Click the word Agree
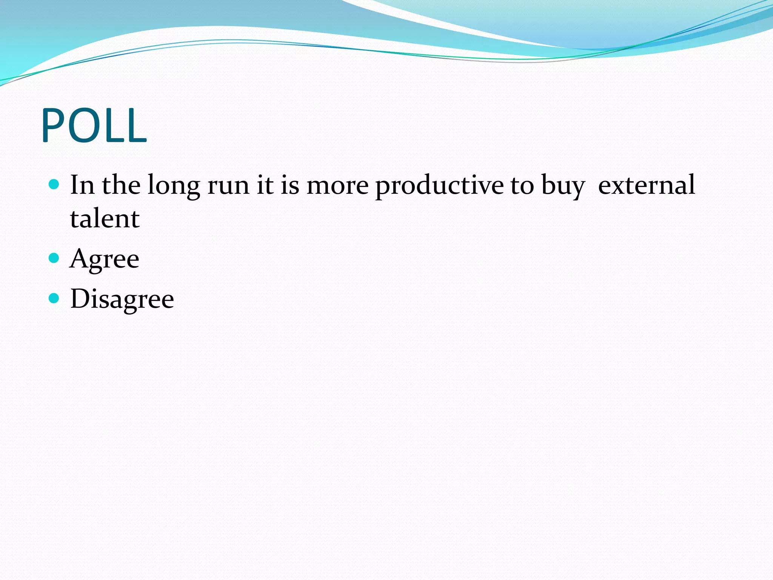coord(105,260)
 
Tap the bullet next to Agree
coord(54,258)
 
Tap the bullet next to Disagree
coord(54,298)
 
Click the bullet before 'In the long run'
coord(54,184)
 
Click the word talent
coord(105,219)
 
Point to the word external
coord(646,185)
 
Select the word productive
coord(439,186)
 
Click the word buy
coord(563,186)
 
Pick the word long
coord(174,186)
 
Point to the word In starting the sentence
coord(82,185)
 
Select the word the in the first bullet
coord(121,185)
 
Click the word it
coord(265,185)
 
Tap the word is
coord(289,185)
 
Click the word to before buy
coord(522,186)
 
